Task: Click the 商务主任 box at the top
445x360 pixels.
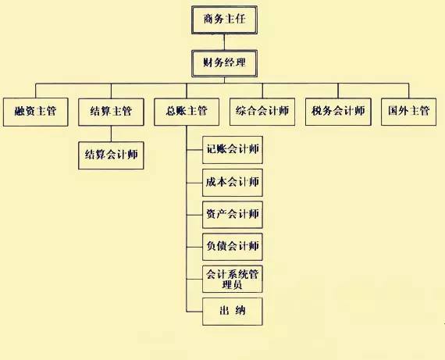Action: pyautogui.click(x=224, y=20)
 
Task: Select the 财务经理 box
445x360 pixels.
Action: pyautogui.click(x=224, y=63)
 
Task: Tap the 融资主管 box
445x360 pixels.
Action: pyautogui.click(x=35, y=112)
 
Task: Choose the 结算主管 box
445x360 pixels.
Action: pyautogui.click(x=111, y=112)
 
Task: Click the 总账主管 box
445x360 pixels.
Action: pyautogui.click(x=187, y=112)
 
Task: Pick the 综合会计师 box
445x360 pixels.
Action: pyautogui.click(x=262, y=112)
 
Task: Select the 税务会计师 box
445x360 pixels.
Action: pyautogui.click(x=338, y=112)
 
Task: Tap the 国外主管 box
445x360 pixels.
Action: pyautogui.click(x=408, y=112)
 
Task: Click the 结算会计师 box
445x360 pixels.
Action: pyautogui.click(x=111, y=155)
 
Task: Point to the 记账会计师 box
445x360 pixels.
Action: pyautogui.click(x=233, y=150)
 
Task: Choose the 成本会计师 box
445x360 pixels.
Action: pyautogui.click(x=233, y=183)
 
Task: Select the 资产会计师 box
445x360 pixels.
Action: pyautogui.click(x=233, y=215)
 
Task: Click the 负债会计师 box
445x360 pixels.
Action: pyautogui.click(x=233, y=247)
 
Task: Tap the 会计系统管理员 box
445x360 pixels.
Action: pyautogui.click(x=233, y=279)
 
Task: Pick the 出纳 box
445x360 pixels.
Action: pyautogui.click(x=233, y=312)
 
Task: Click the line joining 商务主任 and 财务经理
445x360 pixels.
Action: pyautogui.click(x=224, y=42)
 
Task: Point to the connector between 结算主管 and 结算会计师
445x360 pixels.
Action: pyautogui.click(x=111, y=134)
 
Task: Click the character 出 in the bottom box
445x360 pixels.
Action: pyautogui.click(x=224, y=310)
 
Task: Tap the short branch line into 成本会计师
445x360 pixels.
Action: pyautogui.click(x=194, y=183)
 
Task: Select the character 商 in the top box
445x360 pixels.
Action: pyautogui.click(x=208, y=19)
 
